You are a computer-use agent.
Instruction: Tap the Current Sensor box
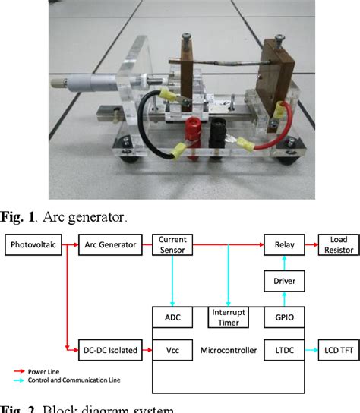pos(172,244)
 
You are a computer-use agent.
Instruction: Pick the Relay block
pos(279,244)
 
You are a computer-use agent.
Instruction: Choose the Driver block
pos(279,282)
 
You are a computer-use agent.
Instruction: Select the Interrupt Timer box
pos(226,317)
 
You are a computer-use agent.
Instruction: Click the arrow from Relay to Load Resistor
pos(307,244)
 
